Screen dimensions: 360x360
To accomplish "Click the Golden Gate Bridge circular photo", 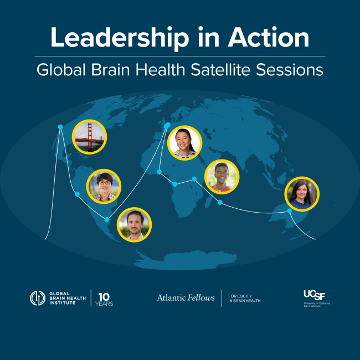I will pos(89,136).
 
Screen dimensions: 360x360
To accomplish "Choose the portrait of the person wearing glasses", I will pos(104,186).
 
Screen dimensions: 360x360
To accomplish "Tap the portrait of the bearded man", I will pos(135,224).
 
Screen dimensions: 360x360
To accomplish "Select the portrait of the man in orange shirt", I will pos(222,177).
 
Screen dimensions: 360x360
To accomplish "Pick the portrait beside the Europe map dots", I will pos(184,143).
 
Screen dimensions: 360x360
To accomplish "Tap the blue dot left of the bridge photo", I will pos(60,127).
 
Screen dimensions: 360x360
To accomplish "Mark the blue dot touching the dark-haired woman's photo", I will pos(289,210).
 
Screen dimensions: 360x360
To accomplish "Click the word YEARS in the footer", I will pos(104,304).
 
